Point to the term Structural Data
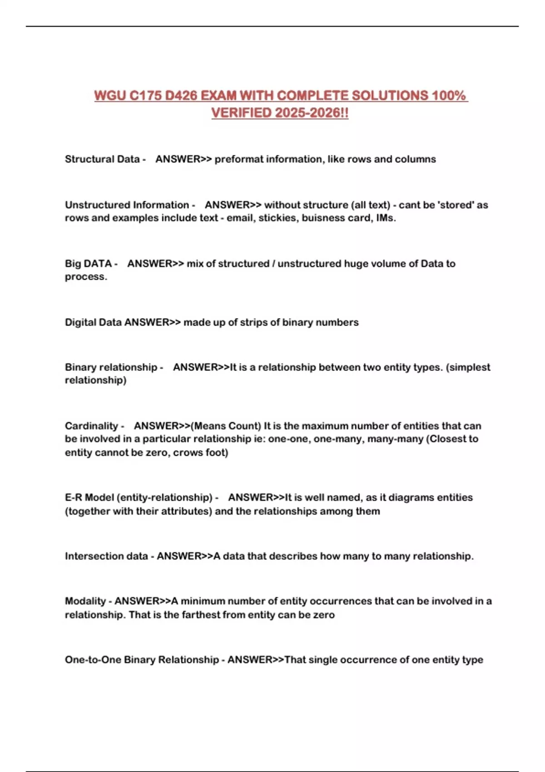pos(102,159)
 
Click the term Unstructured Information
pos(127,205)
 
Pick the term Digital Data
pos(93,322)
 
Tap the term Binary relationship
pos(111,367)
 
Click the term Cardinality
pos(91,426)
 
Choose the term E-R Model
pos(89,498)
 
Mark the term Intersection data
pos(106,556)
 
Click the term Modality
pos(85,601)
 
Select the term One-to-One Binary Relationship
pos(142,660)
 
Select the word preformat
pos(238,159)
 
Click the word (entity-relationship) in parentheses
pos(164,498)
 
